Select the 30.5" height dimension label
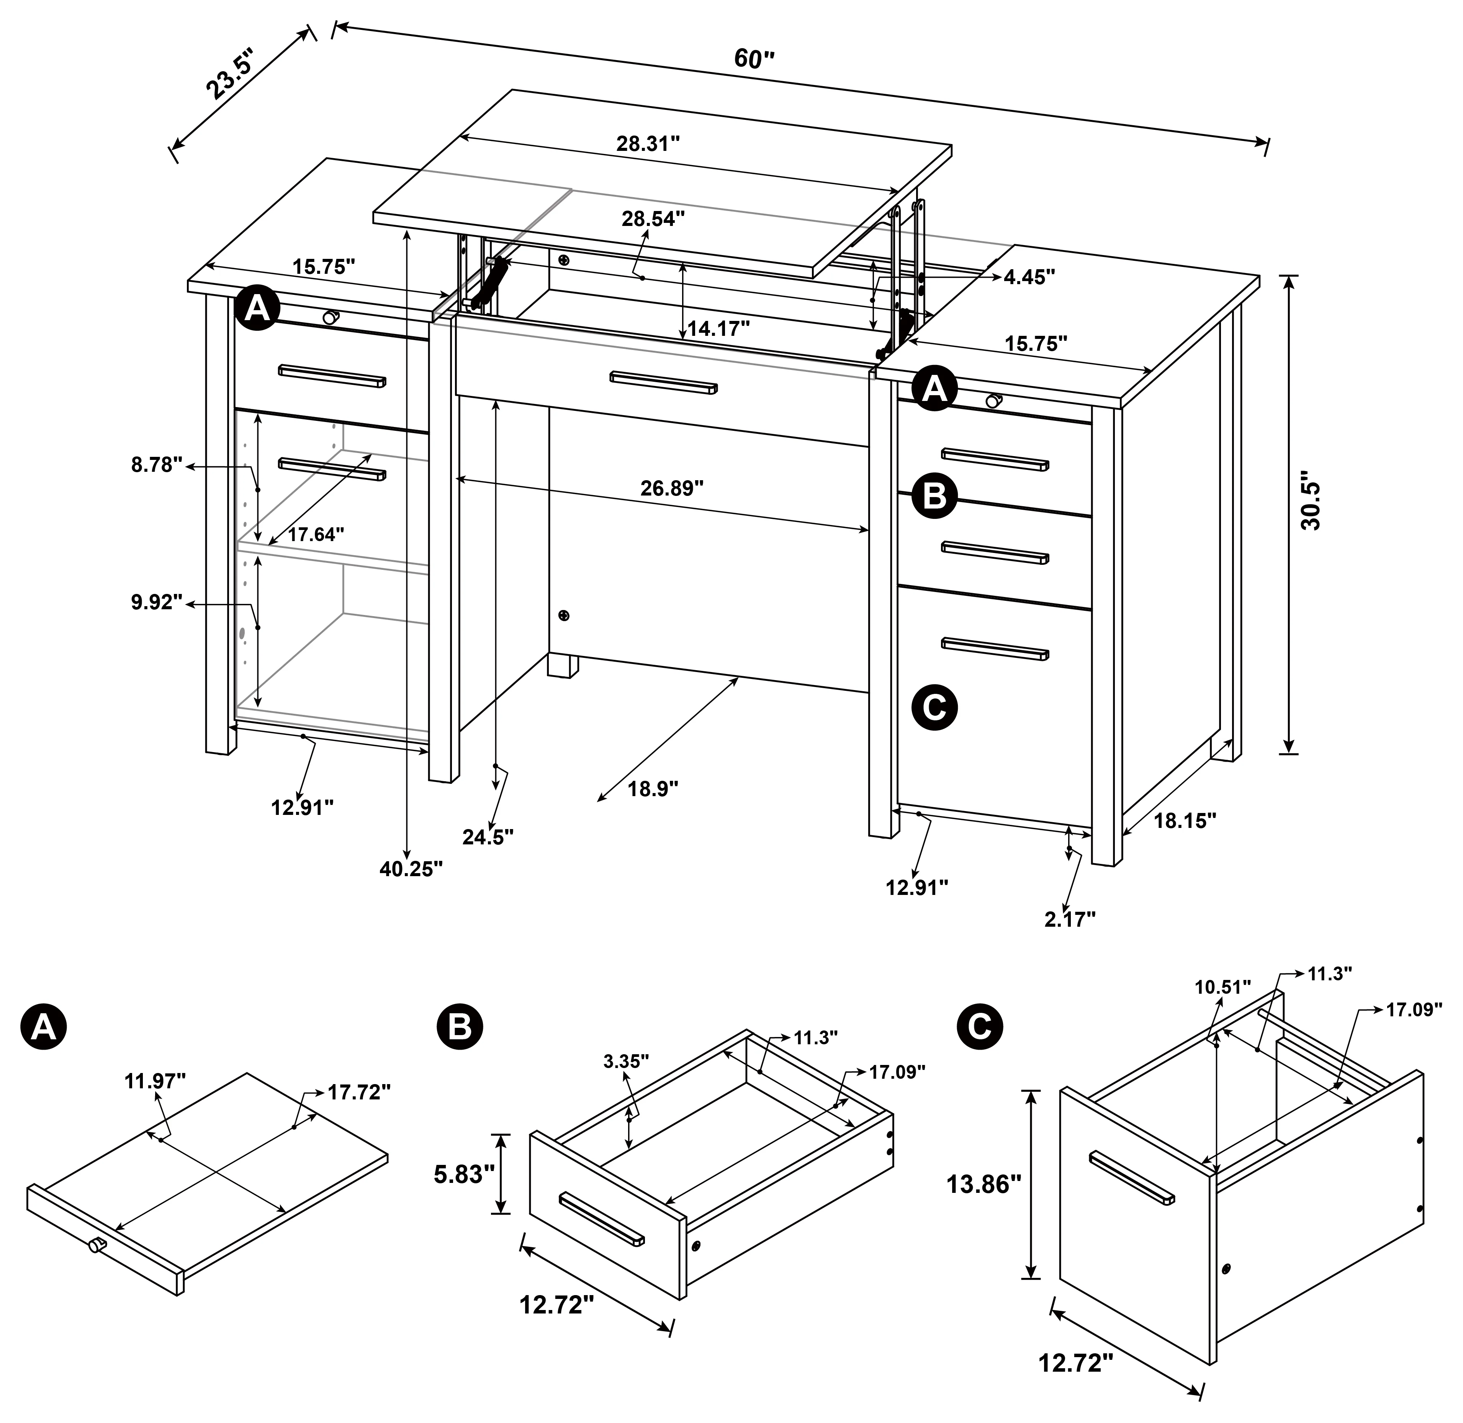coord(1310,501)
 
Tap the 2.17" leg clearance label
coord(1070,919)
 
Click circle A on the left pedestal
coord(257,308)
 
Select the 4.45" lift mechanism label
coord(1029,276)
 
